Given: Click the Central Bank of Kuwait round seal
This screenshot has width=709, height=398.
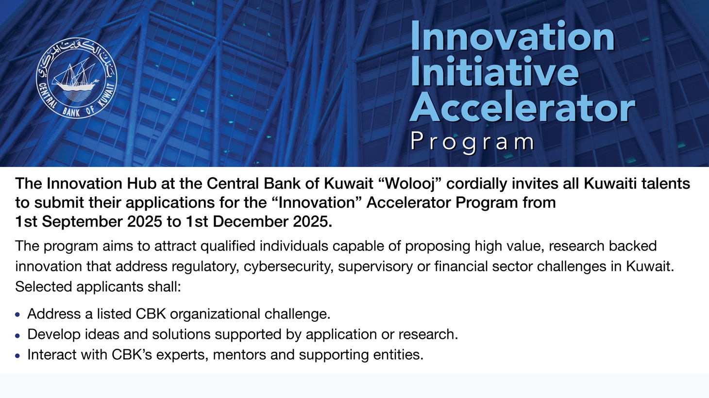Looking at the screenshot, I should tap(76, 78).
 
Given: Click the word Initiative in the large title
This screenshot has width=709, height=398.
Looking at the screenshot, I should tap(494, 72).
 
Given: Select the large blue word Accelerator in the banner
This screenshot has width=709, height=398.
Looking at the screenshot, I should tap(522, 107).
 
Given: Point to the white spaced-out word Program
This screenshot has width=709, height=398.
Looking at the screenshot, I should tap(472, 142).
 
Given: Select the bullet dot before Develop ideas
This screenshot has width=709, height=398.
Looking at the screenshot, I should tap(18, 335).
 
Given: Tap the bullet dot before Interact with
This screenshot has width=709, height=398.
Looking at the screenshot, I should tap(18, 356).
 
